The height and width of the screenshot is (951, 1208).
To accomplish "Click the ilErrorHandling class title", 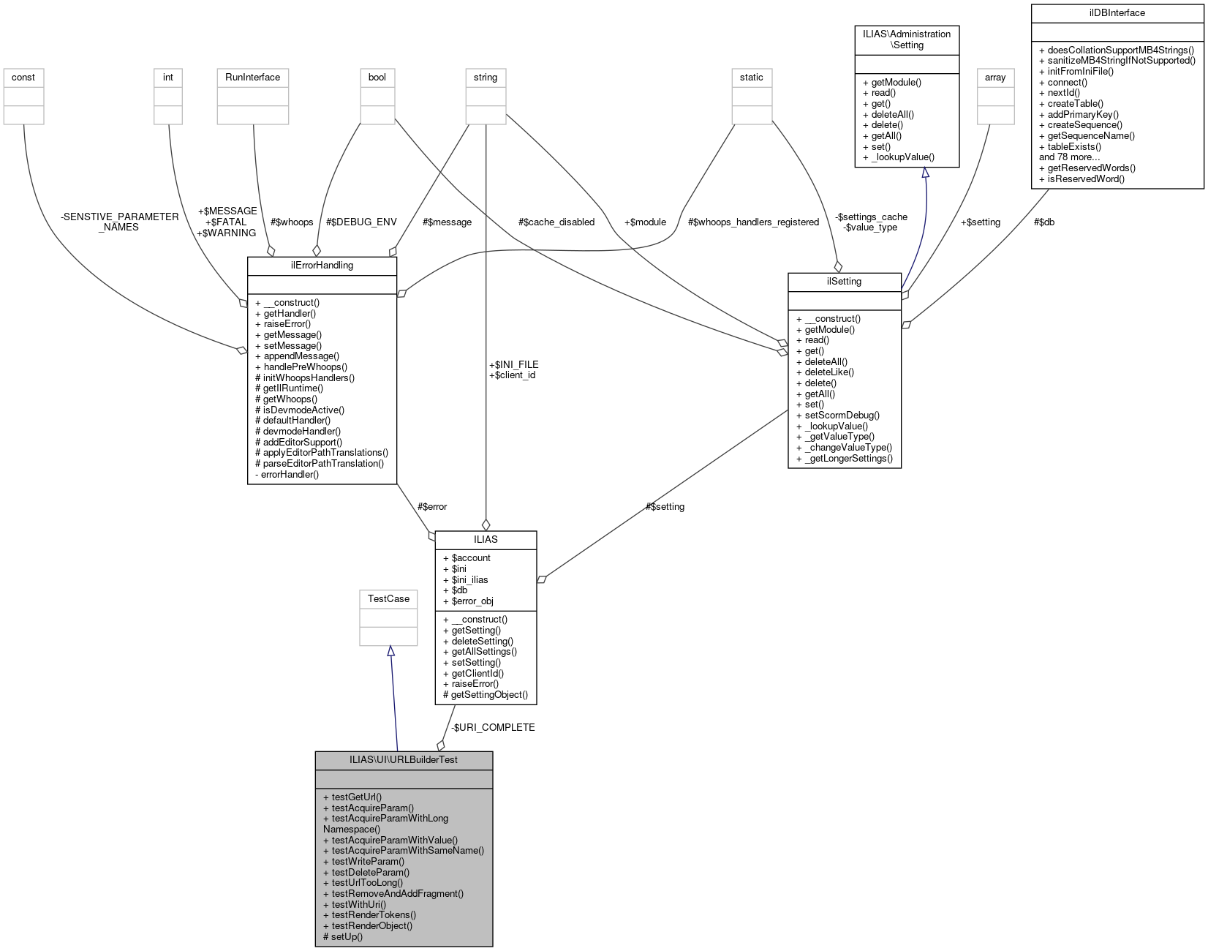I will (x=322, y=265).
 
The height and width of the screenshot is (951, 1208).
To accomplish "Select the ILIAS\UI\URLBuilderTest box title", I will (x=404, y=759).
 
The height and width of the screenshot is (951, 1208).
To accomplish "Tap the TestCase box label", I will (x=388, y=598).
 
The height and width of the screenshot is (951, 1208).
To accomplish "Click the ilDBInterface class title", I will (x=1117, y=13).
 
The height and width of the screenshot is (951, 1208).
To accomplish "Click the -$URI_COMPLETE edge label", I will (x=493, y=727).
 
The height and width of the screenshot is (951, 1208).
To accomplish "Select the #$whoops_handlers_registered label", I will (x=753, y=222).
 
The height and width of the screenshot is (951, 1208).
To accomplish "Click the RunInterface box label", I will (x=252, y=77).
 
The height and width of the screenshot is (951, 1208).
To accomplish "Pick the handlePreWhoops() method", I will (x=305, y=367).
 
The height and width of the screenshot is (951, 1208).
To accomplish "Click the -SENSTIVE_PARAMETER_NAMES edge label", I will (x=120, y=222).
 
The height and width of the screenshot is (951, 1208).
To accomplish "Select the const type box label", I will (x=23, y=77).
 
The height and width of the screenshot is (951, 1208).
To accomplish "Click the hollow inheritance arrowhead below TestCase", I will (x=391, y=651).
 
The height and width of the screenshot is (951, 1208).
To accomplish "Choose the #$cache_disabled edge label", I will (x=556, y=222).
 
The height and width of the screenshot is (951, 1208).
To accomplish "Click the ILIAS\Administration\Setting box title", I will (x=907, y=40).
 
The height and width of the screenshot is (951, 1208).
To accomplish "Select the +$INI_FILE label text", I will (x=513, y=364).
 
